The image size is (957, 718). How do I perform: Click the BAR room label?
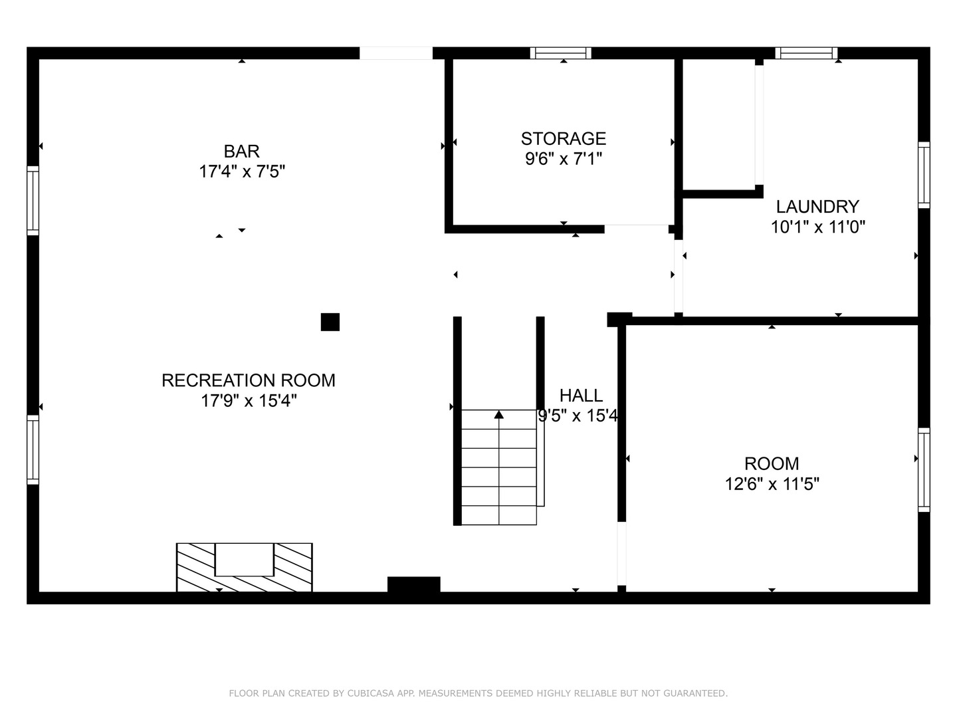(x=241, y=152)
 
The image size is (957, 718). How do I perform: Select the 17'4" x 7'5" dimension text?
(x=242, y=172)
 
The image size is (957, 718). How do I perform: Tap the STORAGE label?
(x=564, y=138)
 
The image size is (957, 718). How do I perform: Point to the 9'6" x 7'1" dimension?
(x=564, y=159)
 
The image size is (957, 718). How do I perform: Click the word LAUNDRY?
(x=817, y=206)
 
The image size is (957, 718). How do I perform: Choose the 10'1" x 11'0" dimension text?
(x=817, y=227)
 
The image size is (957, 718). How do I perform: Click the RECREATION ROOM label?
(x=249, y=380)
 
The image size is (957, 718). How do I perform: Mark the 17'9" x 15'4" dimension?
(x=249, y=401)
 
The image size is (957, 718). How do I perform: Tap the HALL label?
(x=581, y=396)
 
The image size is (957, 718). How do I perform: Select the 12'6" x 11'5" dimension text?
(x=772, y=484)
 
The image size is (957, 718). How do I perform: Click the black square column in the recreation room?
(x=330, y=322)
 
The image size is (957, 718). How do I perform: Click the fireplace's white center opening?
(x=245, y=559)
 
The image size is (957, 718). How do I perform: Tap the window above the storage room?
(x=561, y=53)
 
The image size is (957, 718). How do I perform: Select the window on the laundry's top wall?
(x=806, y=53)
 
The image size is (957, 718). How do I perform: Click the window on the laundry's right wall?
(x=924, y=175)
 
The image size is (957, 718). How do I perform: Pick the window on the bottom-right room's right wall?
(x=924, y=469)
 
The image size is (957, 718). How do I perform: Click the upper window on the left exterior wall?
(x=33, y=200)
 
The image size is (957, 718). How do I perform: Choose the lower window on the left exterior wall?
(x=33, y=449)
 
